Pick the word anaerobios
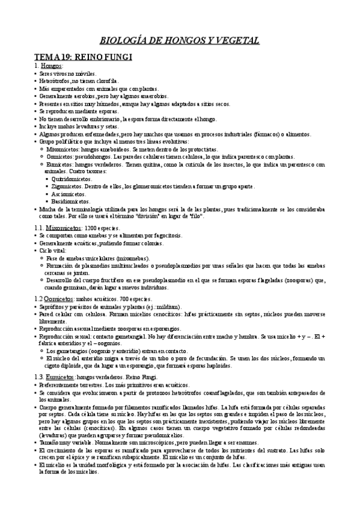(x=151, y=96)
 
